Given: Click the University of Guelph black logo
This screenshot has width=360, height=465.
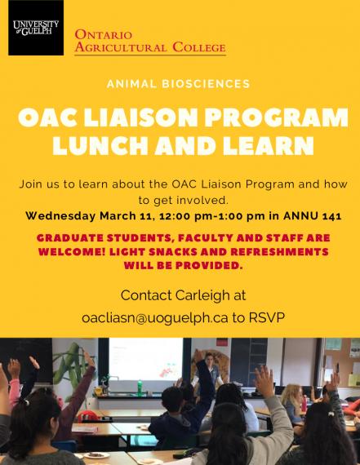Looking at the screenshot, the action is tap(36, 28).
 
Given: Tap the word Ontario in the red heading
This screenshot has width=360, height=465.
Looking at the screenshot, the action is tap(104, 35).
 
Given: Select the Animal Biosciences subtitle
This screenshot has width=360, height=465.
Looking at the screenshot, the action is tap(179, 84).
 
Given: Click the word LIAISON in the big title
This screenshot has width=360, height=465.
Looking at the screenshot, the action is tap(140, 117).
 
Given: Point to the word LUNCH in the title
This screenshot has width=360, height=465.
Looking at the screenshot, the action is tap(100, 145).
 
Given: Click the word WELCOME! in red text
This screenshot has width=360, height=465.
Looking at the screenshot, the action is tap(72, 252).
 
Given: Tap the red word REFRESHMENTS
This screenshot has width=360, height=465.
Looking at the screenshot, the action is tap(279, 252).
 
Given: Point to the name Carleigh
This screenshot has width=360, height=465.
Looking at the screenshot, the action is tap(202, 295).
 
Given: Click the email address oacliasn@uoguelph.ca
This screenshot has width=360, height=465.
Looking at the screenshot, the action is tap(155, 318).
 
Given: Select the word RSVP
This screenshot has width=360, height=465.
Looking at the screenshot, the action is tap(266, 317).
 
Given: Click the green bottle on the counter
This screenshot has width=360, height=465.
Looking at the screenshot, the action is tap(140, 387).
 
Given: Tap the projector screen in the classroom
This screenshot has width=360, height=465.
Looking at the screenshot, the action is tap(146, 360).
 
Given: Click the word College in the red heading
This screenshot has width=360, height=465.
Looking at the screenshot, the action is tap(199, 47).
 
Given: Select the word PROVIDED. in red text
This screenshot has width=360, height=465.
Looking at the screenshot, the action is tap(209, 265).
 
